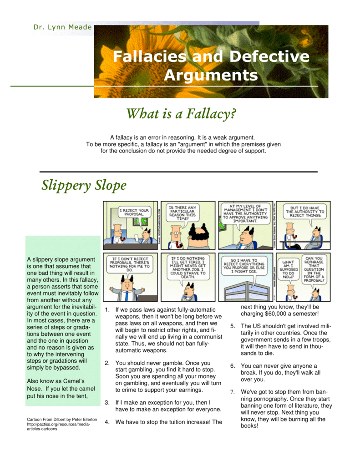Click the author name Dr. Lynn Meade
coord(62,27)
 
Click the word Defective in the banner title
coord(269,56)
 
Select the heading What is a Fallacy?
coord(181,114)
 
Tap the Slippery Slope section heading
coord(84,186)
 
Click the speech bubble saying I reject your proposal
coord(134,212)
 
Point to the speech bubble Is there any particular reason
coord(183,213)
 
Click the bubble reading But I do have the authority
coord(305,212)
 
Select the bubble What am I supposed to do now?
coord(288,269)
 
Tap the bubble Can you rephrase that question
coord(314,269)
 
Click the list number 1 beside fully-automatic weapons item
coord(107,310)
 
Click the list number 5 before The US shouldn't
coord(233,326)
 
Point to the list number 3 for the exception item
coord(107,403)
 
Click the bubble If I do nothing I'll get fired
coord(188,267)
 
